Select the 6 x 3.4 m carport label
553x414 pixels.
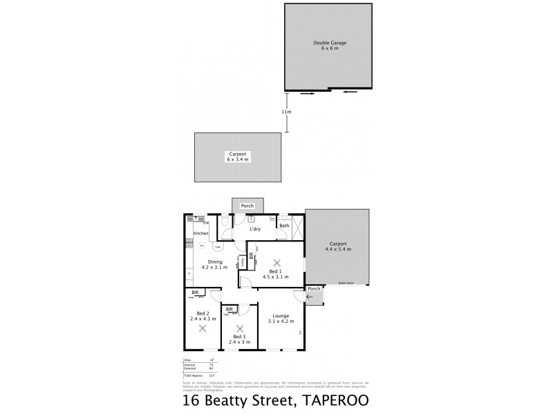237,156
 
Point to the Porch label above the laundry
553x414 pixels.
246,206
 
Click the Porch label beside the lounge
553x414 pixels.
315,288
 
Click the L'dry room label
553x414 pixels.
254,228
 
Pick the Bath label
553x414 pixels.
284,226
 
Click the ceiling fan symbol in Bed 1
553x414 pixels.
276,262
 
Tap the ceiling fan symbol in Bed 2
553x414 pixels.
203,329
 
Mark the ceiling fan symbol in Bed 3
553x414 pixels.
240,329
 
